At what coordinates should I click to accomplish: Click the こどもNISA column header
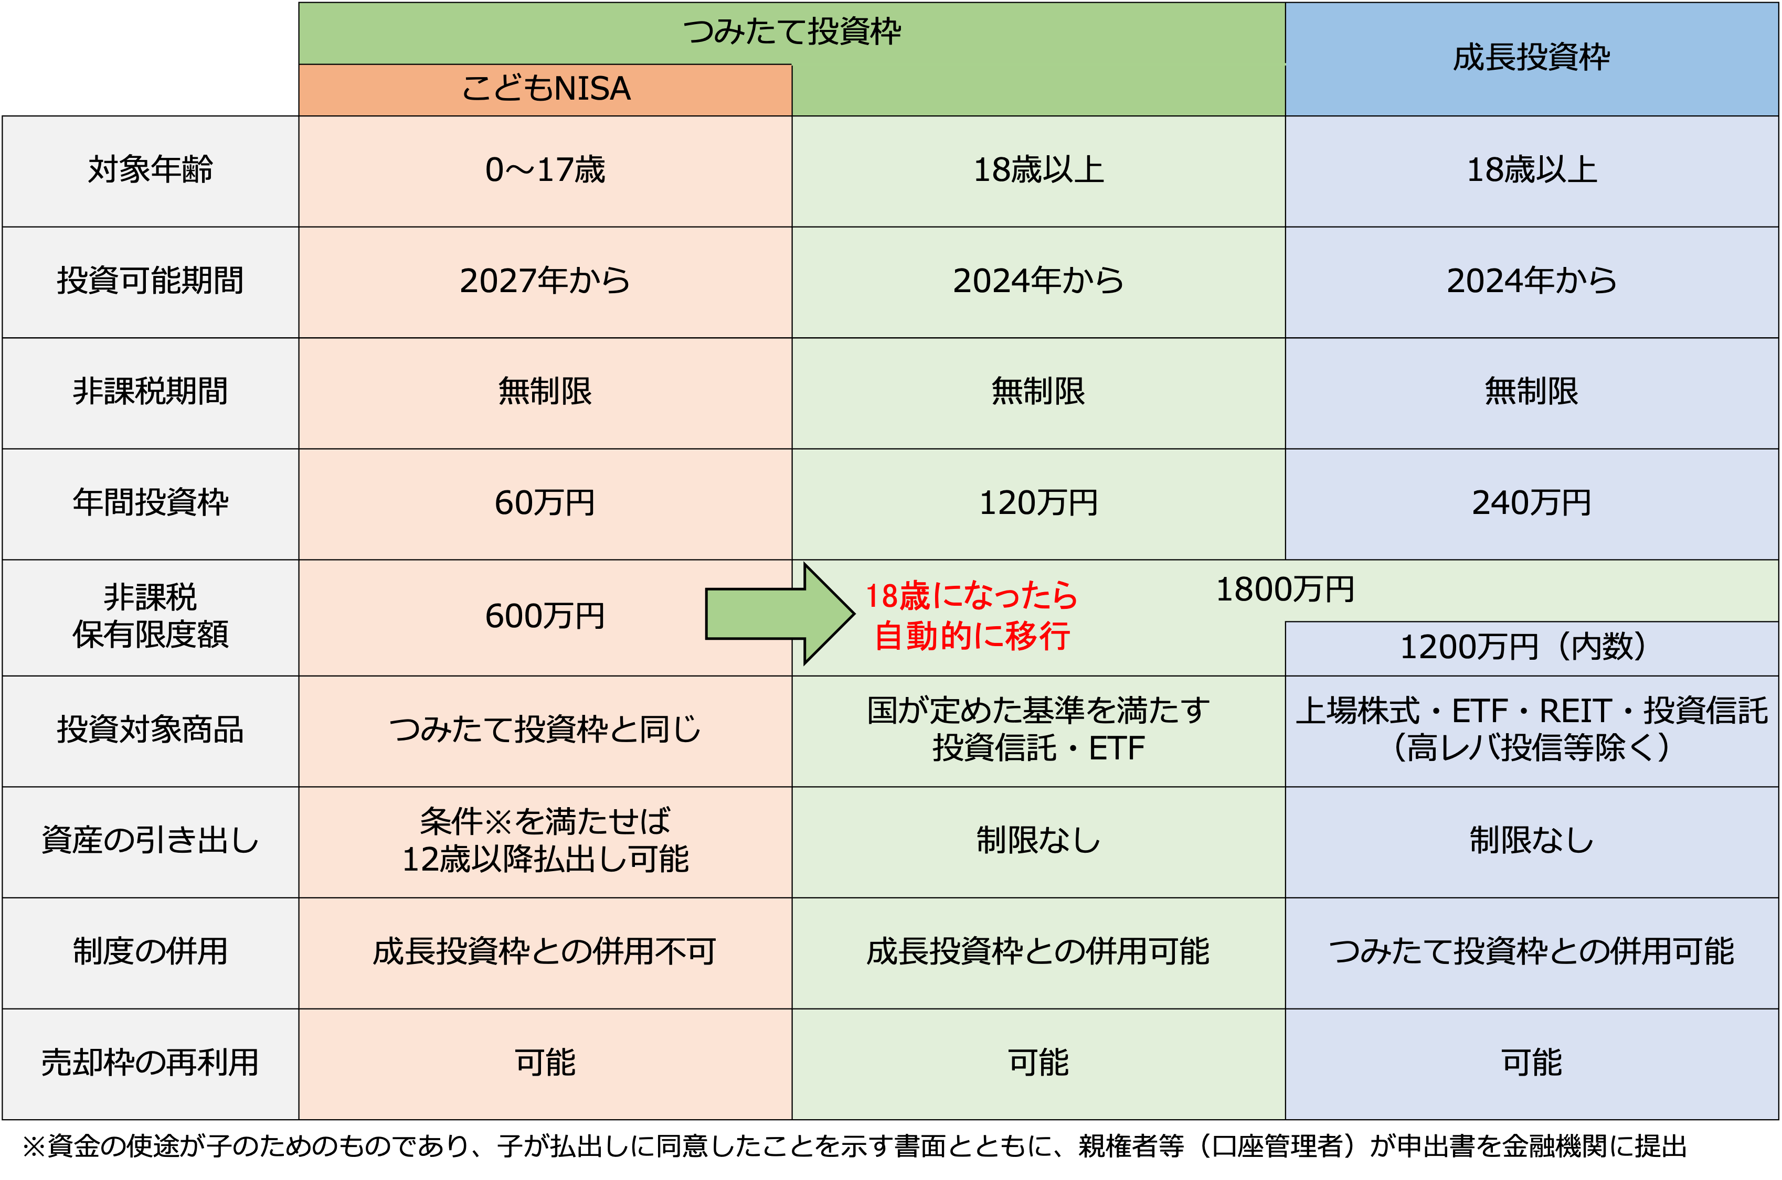click(545, 89)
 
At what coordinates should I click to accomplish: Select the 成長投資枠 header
click(1531, 58)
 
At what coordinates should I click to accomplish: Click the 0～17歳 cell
click(545, 170)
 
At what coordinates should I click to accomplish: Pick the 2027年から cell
click(545, 281)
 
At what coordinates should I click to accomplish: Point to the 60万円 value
click(545, 503)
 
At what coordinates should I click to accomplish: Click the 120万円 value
click(1038, 503)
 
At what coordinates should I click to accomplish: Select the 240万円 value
click(1531, 503)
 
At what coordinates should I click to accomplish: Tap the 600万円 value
click(545, 616)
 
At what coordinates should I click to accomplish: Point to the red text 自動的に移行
click(971, 637)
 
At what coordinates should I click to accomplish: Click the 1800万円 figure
click(1285, 589)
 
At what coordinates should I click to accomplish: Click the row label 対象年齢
click(151, 170)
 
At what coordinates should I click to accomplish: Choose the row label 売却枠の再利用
click(151, 1063)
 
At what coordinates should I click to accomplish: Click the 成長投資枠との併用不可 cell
click(545, 952)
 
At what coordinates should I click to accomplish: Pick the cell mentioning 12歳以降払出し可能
click(545, 841)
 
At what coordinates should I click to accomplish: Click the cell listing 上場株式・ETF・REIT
click(1531, 729)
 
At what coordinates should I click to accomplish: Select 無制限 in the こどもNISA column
click(545, 391)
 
